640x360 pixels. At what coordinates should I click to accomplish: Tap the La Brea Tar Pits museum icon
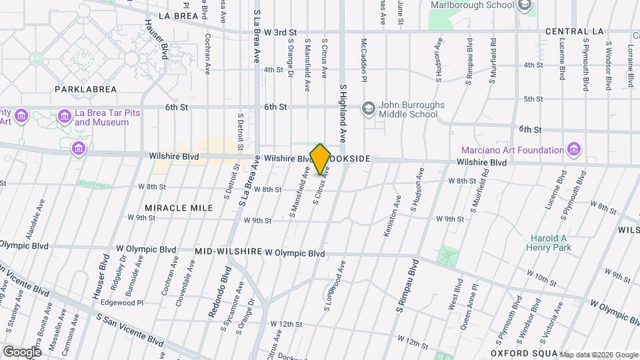coord(65,117)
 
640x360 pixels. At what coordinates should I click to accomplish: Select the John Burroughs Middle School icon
coord(368,108)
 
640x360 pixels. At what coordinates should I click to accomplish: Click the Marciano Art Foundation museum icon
coord(573,148)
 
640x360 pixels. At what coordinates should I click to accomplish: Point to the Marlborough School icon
coord(525,5)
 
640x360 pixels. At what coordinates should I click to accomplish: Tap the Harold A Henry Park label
coord(549,243)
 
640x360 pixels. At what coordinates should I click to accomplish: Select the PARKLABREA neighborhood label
coord(86,89)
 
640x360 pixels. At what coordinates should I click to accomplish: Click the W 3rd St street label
coord(280,32)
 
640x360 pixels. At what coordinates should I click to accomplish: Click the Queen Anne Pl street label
coord(473,297)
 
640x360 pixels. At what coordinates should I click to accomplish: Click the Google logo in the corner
coord(23,351)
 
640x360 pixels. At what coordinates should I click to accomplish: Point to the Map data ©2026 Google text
coord(598,354)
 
